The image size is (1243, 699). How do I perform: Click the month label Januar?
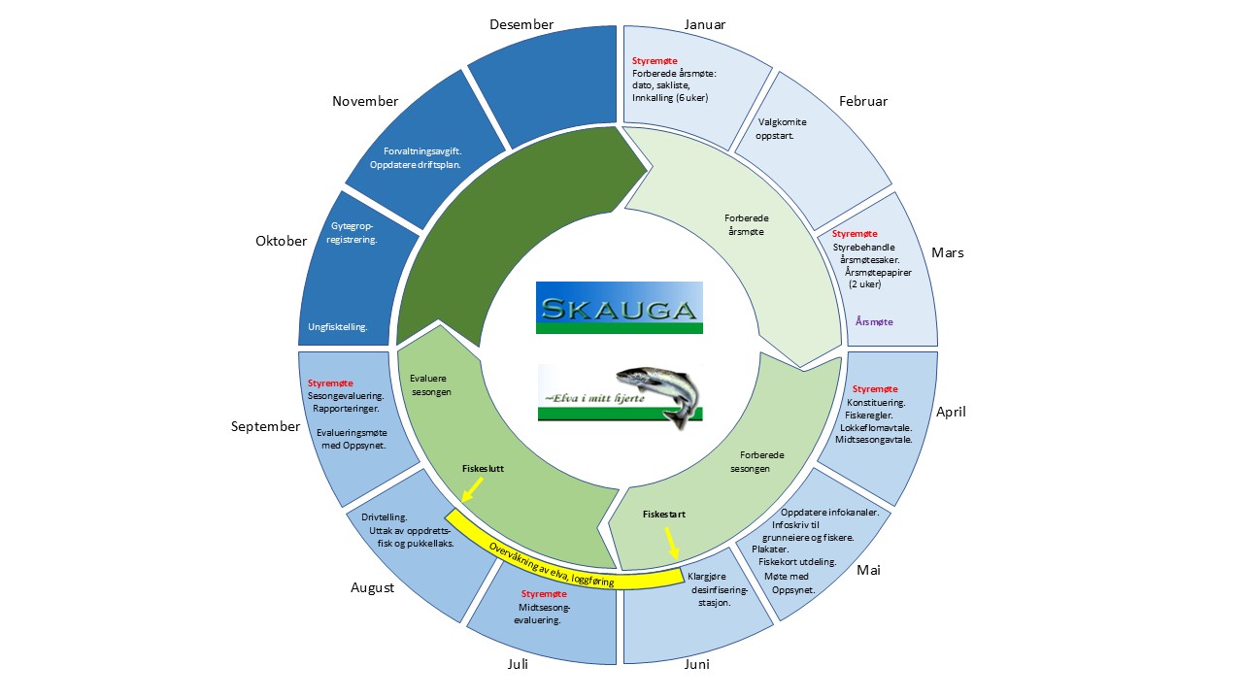point(704,24)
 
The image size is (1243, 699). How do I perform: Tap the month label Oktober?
point(281,241)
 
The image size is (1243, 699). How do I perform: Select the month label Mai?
point(868,570)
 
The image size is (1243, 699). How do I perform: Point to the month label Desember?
point(521,24)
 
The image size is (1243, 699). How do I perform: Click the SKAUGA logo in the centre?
point(620,308)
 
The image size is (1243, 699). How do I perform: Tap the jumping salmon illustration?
point(660,395)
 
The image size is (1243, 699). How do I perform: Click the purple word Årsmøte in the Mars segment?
point(874,321)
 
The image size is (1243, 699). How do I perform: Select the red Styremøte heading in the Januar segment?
point(655,61)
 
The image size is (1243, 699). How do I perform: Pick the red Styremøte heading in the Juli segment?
point(544,594)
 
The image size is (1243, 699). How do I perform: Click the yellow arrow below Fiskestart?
point(671,543)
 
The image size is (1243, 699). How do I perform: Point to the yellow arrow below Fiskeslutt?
point(472,490)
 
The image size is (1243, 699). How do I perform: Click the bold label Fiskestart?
point(663,515)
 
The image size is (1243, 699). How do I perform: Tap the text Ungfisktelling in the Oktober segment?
point(337,327)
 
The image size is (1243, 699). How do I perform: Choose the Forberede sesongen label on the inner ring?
point(755,461)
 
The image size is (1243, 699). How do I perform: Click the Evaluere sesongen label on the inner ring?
point(430,385)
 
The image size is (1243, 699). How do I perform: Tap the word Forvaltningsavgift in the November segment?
point(422,151)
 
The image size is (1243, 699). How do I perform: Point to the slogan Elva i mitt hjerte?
point(593,398)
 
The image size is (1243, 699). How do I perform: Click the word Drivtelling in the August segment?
point(384,517)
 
